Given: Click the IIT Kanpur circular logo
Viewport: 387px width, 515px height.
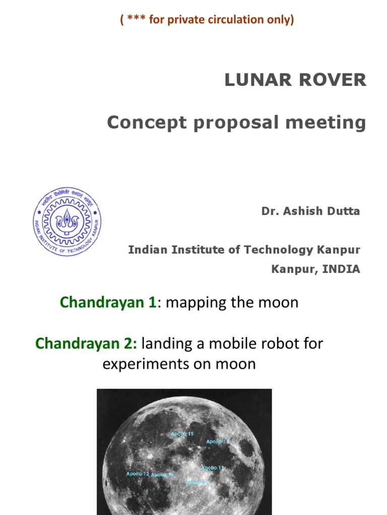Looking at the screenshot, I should pos(67,221).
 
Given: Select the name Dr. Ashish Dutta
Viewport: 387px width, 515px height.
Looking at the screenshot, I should pos(310,211).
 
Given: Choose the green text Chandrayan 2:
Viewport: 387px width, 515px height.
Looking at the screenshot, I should pos(86,344).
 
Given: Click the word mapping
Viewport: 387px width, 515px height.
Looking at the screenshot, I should pos(193,303).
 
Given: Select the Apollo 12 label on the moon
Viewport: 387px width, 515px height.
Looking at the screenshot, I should pos(138,474).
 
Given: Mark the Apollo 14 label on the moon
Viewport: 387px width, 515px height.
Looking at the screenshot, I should pos(162,475).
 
